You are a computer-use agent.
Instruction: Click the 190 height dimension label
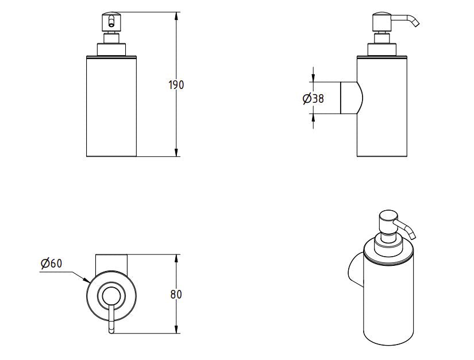coord(176,85)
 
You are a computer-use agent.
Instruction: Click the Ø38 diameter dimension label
coord(313,98)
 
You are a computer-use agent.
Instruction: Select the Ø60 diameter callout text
coord(51,264)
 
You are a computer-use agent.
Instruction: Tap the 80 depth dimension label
coord(176,295)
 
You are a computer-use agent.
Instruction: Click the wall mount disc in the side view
coord(350,98)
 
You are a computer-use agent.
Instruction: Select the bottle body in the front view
coord(112,106)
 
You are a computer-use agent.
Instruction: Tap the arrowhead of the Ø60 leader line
coord(87,281)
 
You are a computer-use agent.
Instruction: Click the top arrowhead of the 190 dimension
coord(175,14)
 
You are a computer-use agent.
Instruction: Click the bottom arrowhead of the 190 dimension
coord(175,153)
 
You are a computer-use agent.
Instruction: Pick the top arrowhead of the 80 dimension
coord(175,257)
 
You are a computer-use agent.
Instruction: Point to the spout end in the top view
coord(111,330)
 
